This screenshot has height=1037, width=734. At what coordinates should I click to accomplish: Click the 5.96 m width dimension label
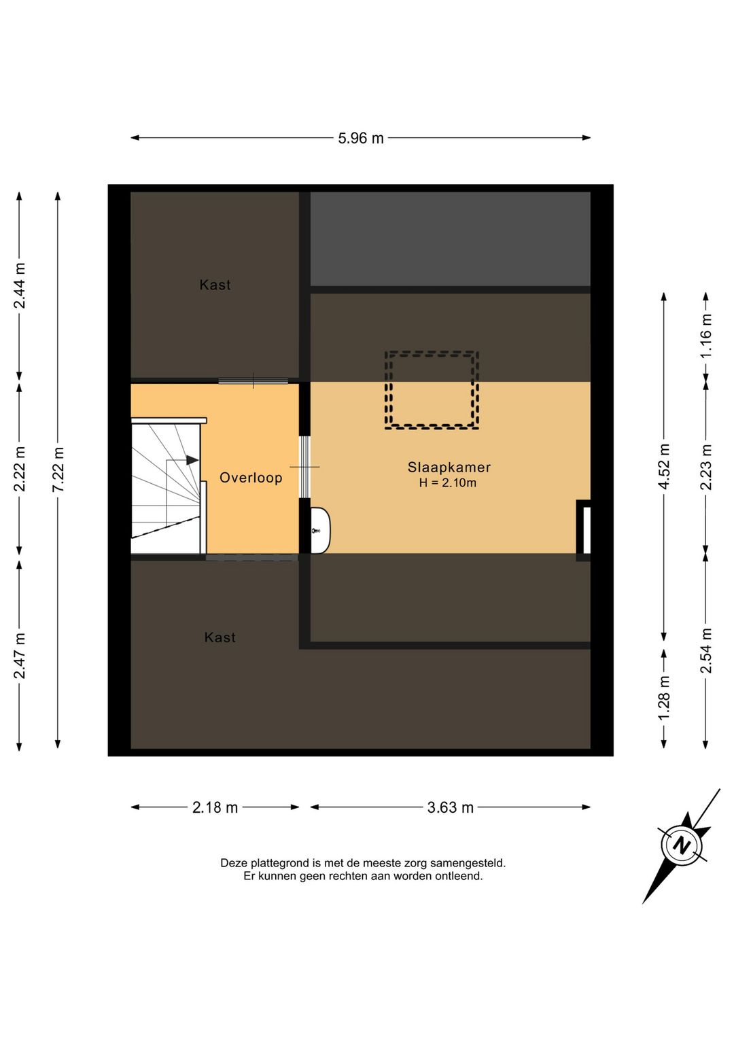361,139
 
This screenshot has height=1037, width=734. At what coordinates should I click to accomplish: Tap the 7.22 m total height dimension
58,470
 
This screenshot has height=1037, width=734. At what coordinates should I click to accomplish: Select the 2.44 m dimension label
20,285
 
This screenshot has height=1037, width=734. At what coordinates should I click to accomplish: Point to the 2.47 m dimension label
20,656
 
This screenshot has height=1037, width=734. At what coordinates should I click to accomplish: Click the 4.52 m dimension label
665,466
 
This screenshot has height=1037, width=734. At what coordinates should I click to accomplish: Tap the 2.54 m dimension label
705,650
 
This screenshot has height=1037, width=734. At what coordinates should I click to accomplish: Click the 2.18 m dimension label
215,808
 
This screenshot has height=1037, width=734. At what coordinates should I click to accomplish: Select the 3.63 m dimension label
450,808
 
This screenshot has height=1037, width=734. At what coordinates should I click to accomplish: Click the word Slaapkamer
449,467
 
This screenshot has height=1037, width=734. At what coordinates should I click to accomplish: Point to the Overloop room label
251,477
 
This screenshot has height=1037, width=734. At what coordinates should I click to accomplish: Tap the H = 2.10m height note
447,483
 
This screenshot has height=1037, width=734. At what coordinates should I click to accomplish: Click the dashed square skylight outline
431,353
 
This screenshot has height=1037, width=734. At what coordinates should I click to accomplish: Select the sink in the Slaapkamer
320,531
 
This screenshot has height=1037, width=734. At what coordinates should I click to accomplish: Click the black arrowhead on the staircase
192,460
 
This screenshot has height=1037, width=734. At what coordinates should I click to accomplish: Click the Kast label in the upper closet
215,285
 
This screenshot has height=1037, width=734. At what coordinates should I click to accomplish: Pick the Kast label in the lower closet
220,637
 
